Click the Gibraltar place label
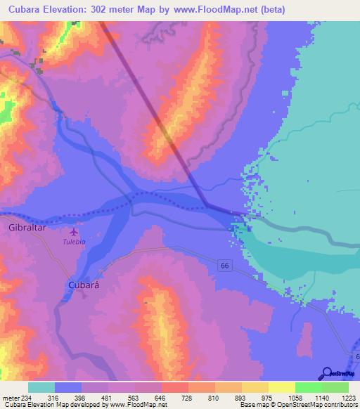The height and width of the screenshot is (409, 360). point(27,228)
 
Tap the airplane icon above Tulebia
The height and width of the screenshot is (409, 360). point(75,231)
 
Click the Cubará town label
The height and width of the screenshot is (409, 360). point(84,285)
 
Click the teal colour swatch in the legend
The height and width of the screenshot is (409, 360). point(41,387)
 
